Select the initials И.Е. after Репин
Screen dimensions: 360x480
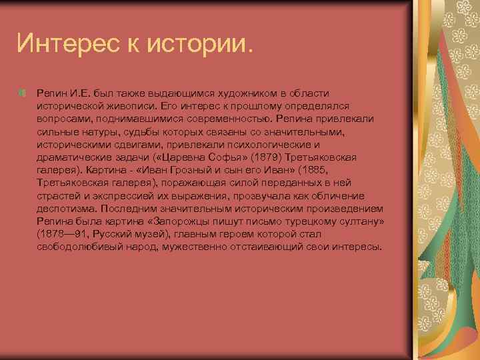[x=79, y=95]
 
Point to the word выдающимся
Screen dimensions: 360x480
[x=160, y=95]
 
